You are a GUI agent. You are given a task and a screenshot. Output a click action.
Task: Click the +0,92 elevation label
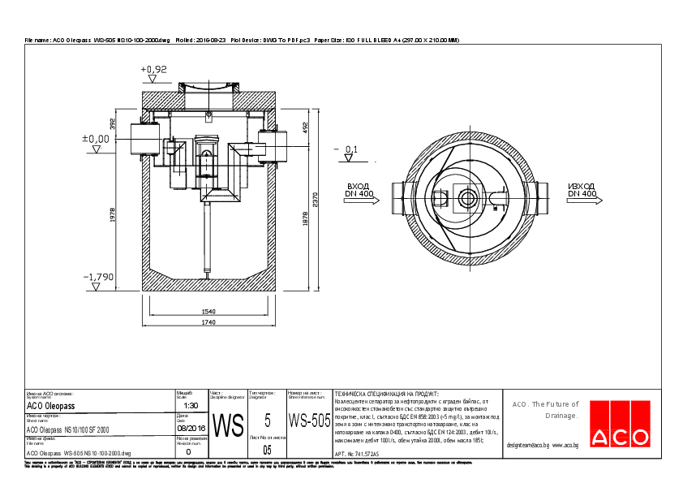(x=153, y=70)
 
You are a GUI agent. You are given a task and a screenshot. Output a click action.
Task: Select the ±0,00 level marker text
(x=95, y=139)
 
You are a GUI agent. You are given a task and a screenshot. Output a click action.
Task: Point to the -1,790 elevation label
(x=98, y=277)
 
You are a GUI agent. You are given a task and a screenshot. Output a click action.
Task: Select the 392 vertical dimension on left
(x=114, y=123)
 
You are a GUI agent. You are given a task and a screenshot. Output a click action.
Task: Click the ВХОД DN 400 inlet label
(x=359, y=190)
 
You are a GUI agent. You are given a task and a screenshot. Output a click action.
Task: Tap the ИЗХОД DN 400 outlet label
(x=582, y=190)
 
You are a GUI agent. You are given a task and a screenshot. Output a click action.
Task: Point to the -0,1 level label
(x=350, y=149)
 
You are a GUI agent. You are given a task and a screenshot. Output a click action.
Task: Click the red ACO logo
(x=620, y=436)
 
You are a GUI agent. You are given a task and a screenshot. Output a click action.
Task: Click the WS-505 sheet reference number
(x=309, y=420)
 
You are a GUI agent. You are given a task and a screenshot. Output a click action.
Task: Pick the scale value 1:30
(x=191, y=405)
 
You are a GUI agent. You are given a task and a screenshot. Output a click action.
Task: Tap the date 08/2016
(x=191, y=428)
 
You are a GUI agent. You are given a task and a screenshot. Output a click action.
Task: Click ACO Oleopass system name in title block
(x=50, y=405)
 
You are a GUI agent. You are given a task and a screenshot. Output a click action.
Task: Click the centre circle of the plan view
(x=468, y=197)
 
